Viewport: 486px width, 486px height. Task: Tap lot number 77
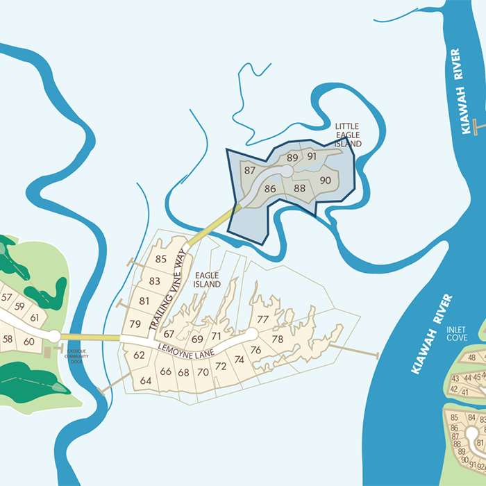262,319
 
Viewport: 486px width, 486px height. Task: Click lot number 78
278,339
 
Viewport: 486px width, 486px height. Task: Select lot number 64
146,380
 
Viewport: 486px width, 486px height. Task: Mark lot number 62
139,355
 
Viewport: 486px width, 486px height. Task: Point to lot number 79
135,324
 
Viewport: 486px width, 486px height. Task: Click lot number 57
7,297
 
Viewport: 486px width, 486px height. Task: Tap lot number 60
28,341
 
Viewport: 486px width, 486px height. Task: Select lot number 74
240,360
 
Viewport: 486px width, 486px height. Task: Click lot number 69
197,339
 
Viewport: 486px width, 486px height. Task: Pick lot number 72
221,366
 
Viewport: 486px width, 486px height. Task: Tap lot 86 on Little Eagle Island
270,188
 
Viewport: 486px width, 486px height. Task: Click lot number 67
169,335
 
